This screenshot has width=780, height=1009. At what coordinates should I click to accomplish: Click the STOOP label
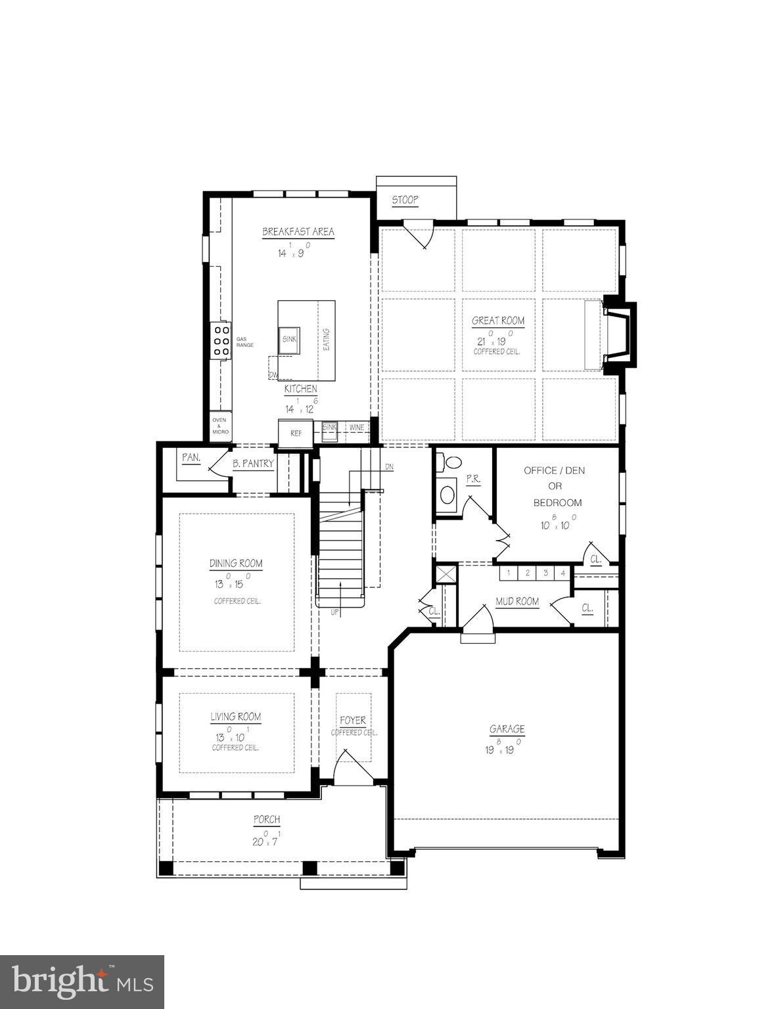click(405, 200)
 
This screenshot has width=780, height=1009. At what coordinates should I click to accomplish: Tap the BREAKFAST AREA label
click(298, 232)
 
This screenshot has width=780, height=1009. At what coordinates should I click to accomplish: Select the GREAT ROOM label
click(498, 321)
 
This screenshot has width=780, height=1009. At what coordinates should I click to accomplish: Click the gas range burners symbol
click(221, 341)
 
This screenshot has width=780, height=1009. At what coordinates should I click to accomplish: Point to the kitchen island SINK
click(289, 339)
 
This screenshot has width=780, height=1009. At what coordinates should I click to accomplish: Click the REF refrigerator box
click(296, 434)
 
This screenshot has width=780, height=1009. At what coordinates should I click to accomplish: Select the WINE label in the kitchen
click(356, 428)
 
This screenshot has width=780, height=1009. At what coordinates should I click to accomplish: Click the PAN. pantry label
click(191, 457)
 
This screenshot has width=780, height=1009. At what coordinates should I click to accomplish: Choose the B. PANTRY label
click(253, 464)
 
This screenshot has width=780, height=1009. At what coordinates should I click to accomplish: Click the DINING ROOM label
click(236, 564)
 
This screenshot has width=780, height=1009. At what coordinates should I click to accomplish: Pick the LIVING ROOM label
click(235, 717)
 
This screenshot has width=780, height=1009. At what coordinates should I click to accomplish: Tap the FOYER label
click(353, 721)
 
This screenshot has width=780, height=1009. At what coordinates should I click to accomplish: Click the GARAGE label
click(507, 729)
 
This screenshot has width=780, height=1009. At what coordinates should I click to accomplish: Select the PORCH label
click(267, 820)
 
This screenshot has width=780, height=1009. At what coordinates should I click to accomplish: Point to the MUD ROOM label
click(517, 602)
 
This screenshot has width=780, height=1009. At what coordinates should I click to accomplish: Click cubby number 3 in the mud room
click(545, 573)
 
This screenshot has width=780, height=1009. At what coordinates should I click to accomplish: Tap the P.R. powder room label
click(473, 480)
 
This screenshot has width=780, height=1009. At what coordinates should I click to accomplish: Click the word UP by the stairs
click(335, 612)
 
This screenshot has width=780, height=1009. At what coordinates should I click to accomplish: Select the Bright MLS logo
click(82, 982)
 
